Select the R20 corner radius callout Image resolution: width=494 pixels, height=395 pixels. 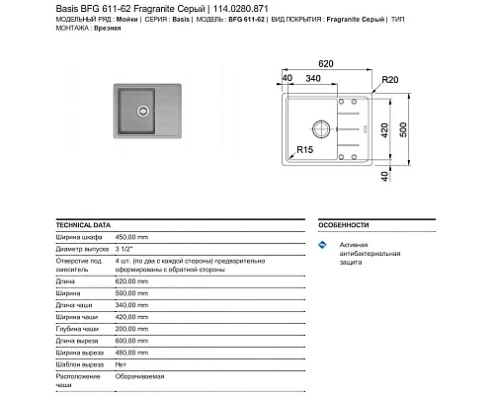coord(389,78)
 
